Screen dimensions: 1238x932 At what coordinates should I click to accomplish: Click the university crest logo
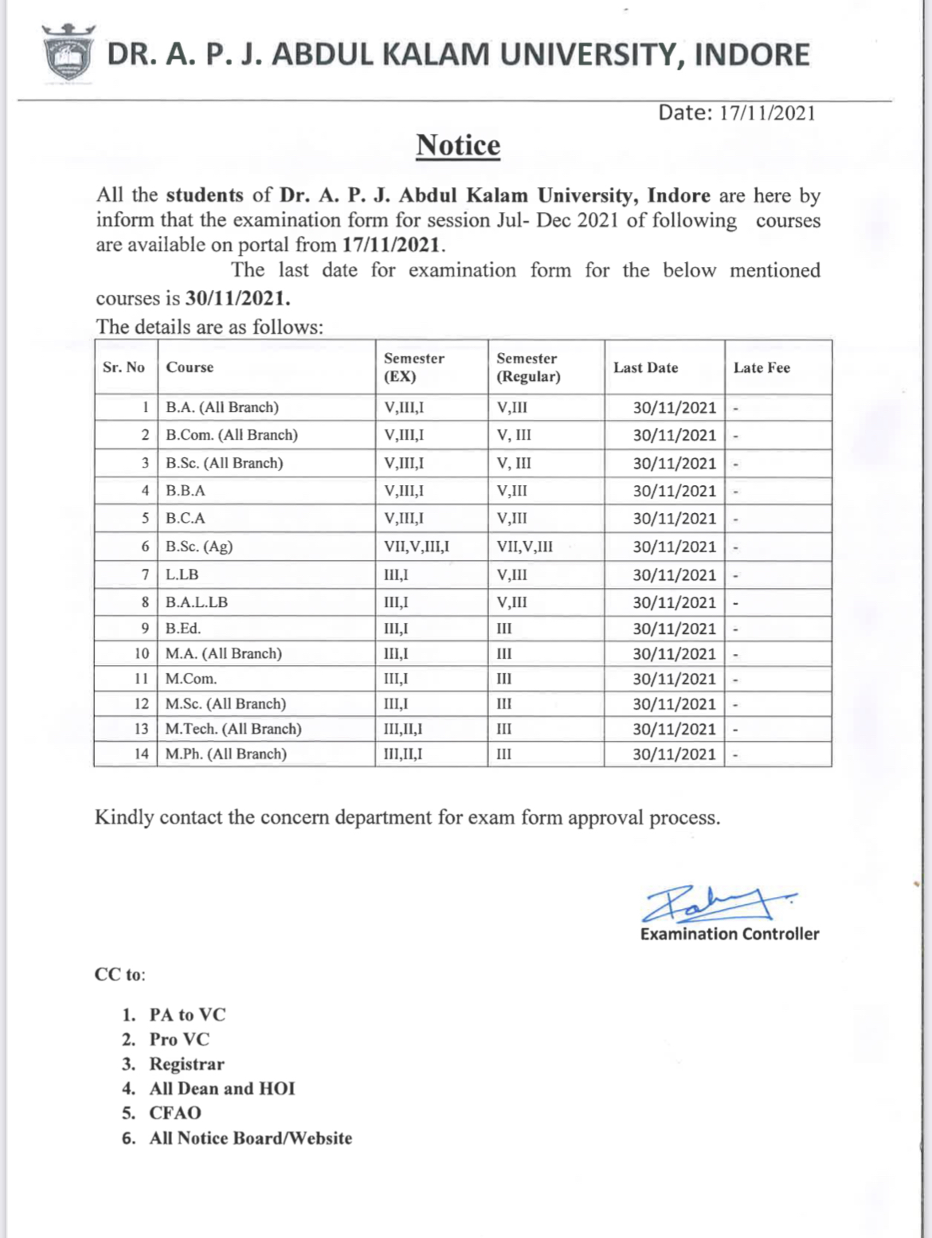point(68,54)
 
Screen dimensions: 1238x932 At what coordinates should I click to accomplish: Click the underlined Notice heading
point(458,146)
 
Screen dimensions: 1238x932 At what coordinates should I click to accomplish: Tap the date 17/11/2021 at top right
point(767,113)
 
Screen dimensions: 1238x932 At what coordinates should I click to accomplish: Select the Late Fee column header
point(762,368)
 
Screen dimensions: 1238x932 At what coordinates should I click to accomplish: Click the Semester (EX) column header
point(414,367)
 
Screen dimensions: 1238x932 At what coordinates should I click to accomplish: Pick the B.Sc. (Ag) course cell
point(199,547)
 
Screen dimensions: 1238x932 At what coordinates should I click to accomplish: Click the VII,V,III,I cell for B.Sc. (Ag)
point(417,547)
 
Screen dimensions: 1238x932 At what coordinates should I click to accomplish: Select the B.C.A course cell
point(186,519)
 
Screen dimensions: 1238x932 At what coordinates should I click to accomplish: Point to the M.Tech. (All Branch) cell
point(233,729)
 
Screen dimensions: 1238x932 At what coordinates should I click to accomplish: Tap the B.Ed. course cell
point(183,629)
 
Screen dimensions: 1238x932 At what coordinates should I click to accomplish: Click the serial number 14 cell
point(141,754)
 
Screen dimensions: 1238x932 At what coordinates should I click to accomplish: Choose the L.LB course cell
point(182,574)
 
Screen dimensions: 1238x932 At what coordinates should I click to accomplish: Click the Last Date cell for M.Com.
point(674,679)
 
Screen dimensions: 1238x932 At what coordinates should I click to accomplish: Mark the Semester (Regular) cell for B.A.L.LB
point(512,602)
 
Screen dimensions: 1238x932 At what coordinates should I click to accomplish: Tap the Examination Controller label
point(730,934)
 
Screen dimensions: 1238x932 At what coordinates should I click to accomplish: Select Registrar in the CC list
point(187,1064)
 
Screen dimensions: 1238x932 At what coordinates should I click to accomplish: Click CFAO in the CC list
point(175,1113)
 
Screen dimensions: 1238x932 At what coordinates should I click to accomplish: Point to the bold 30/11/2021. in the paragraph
point(237,299)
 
